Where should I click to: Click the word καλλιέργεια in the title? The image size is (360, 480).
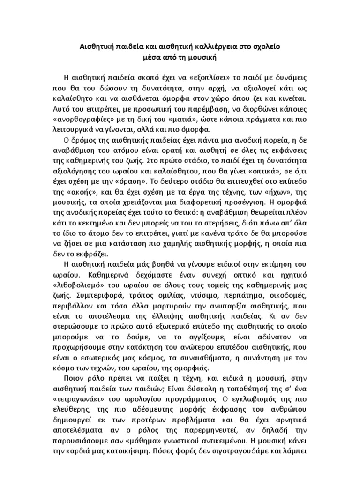(211, 47)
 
